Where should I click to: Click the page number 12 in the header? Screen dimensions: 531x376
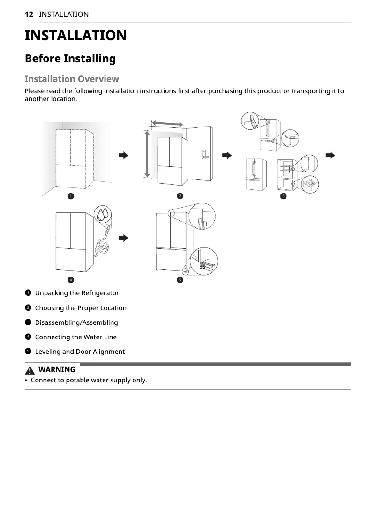(29, 15)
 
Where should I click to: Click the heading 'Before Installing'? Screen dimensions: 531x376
(70, 59)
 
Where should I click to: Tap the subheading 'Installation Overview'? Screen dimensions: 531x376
(71, 79)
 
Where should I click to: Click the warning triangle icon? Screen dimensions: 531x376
(31, 370)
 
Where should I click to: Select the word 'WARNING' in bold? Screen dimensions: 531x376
(57, 370)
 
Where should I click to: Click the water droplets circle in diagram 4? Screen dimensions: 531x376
(103, 214)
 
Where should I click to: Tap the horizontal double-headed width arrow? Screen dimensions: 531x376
(167, 123)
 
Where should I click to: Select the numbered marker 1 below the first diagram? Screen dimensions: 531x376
(70, 196)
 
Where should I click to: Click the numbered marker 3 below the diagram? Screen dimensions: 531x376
(283, 195)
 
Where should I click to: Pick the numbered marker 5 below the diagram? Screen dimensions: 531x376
(179, 280)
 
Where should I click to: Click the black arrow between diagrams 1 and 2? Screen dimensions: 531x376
(123, 155)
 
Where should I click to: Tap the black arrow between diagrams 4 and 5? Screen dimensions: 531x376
(123, 238)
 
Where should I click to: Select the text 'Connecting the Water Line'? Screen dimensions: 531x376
(76, 337)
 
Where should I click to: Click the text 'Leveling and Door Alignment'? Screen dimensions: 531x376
(80, 352)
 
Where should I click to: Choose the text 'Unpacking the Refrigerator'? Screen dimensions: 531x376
(77, 293)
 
